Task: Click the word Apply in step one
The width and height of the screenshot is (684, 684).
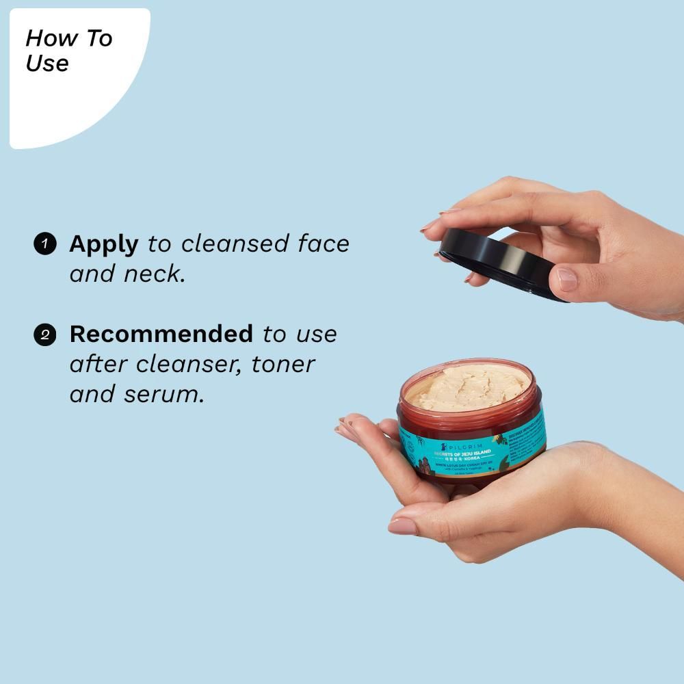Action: click(103, 244)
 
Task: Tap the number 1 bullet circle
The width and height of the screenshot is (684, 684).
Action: click(44, 244)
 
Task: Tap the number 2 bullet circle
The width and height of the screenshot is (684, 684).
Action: click(44, 334)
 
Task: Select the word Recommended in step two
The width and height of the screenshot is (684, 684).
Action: click(161, 334)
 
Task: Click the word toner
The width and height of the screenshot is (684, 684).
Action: click(282, 364)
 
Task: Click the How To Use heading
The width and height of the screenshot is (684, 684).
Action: click(68, 50)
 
